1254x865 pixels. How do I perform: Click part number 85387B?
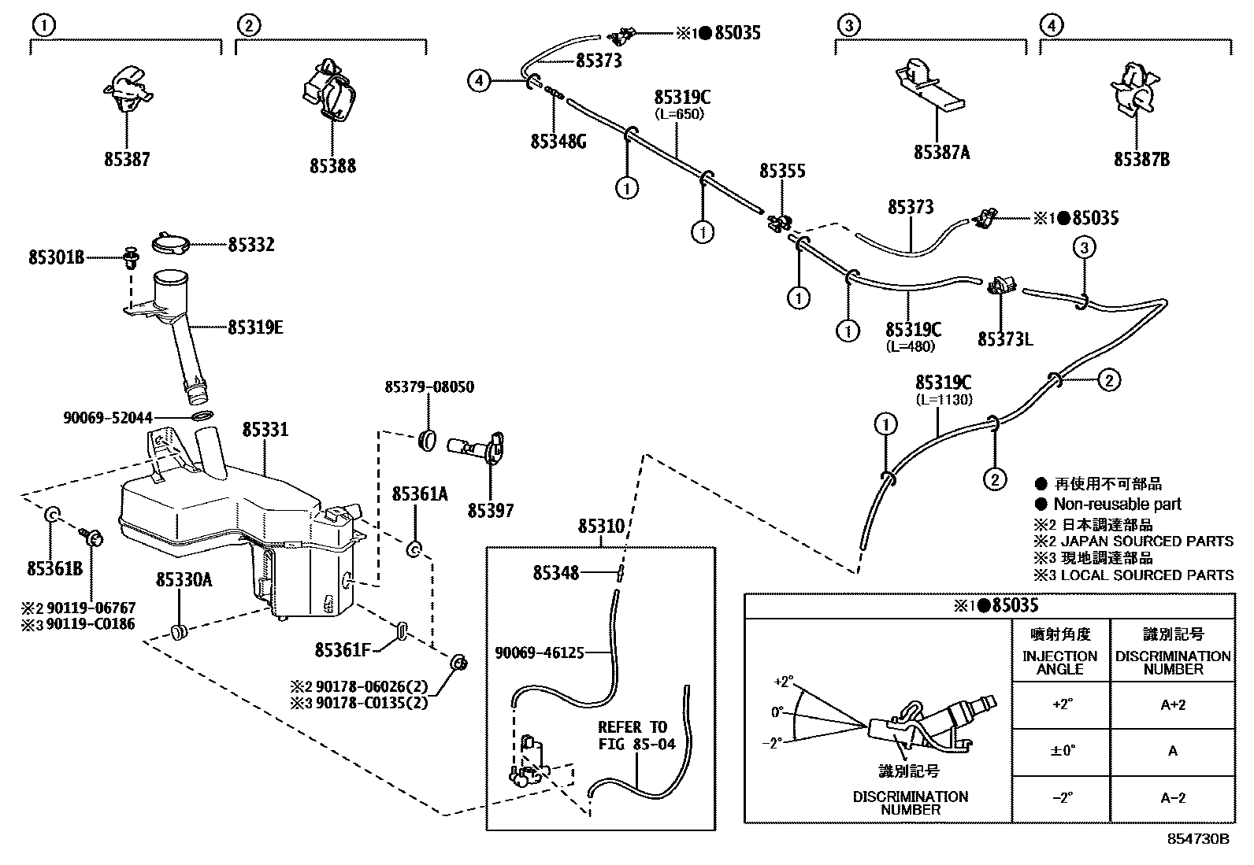[1141, 159]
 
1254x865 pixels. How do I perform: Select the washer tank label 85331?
[265, 430]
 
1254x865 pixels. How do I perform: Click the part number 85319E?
[255, 327]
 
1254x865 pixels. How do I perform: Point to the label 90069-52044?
[108, 418]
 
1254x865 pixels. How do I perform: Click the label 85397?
[490, 511]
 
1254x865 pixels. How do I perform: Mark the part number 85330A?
[184, 580]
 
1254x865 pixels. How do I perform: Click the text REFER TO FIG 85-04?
[636, 735]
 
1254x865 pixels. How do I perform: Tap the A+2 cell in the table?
[1172, 705]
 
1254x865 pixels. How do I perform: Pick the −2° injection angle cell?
[1062, 797]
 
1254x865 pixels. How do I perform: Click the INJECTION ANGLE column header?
[1059, 662]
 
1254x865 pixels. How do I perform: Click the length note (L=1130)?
[944, 400]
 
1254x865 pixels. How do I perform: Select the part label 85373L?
[1005, 339]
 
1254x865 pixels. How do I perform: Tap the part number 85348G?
[558, 141]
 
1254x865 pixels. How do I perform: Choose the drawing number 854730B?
[1198, 839]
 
